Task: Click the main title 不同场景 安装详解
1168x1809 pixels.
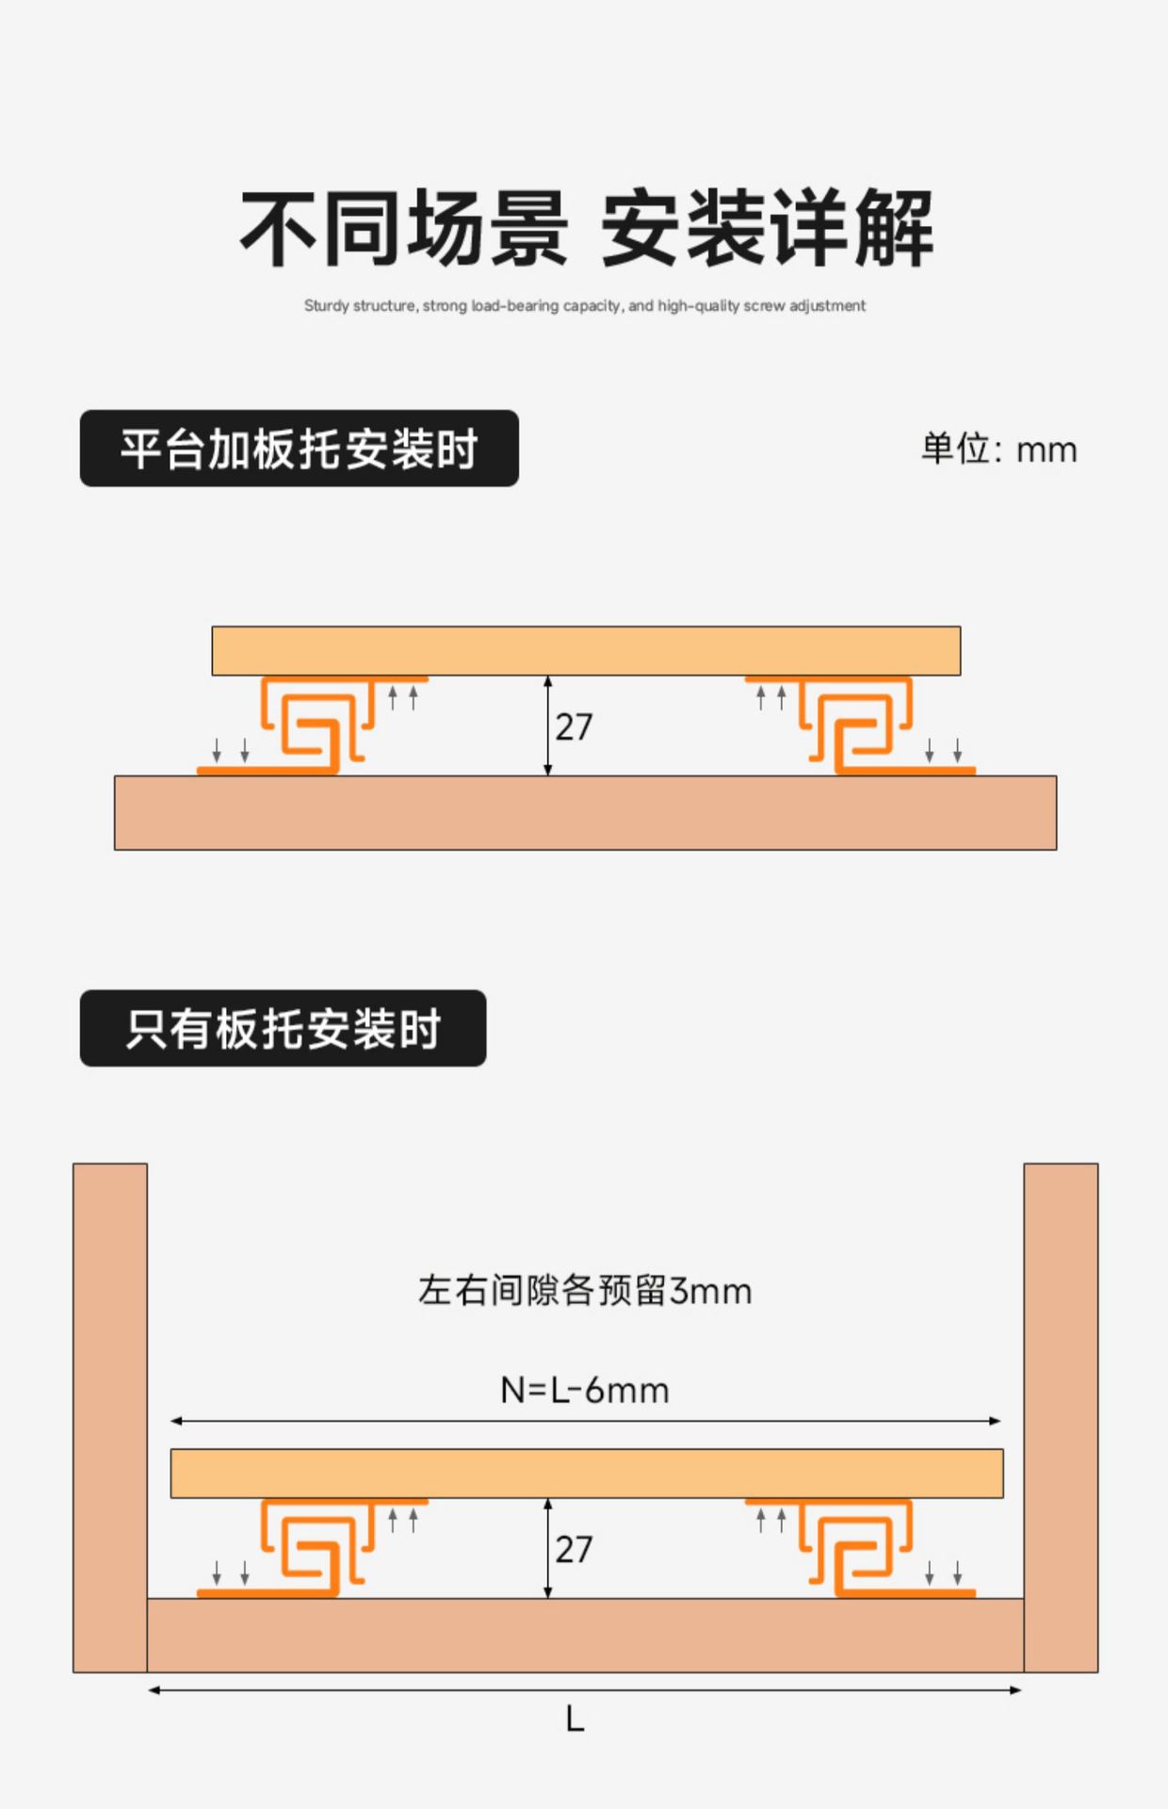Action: [586, 228]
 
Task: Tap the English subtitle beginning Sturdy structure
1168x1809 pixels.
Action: [584, 306]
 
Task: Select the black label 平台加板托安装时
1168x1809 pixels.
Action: [299, 448]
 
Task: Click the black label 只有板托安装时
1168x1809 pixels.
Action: [283, 1028]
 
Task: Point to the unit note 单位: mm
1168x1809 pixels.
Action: [998, 449]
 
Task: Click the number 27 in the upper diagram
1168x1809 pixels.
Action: [574, 727]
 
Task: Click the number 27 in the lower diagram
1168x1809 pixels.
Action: [574, 1550]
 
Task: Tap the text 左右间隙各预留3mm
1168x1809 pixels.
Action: [584, 1291]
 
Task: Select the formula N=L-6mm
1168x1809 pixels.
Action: [584, 1391]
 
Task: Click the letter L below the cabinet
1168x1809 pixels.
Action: [575, 1719]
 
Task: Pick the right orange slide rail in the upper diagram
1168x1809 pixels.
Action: [857, 725]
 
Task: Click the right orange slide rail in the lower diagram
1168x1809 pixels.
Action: [857, 1548]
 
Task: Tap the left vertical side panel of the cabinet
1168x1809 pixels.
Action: [110, 1413]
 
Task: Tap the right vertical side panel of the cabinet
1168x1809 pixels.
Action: [1061, 1413]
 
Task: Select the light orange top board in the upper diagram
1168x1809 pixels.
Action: [586, 651]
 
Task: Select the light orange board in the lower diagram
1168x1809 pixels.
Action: [586, 1474]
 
